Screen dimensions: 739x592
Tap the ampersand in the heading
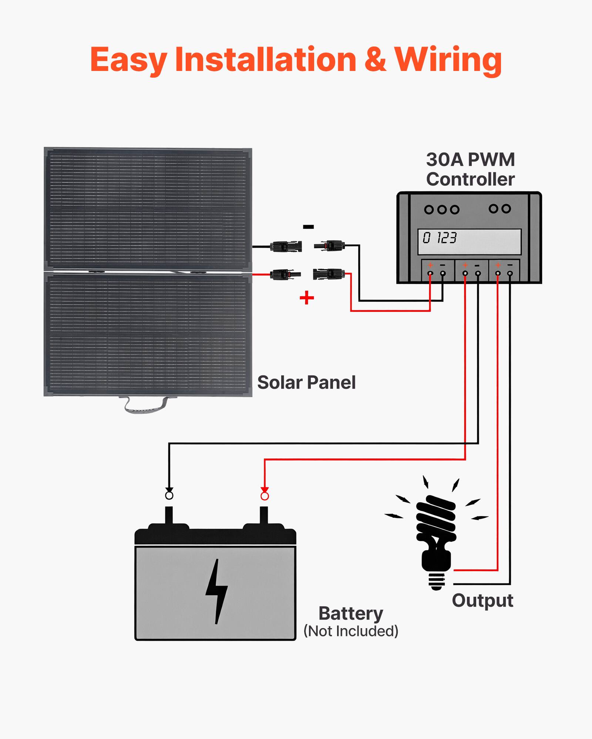[375, 60]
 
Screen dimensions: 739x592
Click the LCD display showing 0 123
[469, 242]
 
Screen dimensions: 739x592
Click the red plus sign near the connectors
[307, 297]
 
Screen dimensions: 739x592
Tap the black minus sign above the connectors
[308, 227]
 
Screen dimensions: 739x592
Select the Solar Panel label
[306, 382]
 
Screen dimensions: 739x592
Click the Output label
[482, 600]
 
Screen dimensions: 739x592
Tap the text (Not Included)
[351, 631]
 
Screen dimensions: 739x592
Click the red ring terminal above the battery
[265, 496]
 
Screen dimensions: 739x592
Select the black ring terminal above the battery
[169, 495]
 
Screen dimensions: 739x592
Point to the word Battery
[351, 613]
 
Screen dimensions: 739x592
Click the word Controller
[470, 180]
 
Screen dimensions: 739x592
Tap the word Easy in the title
[128, 60]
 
